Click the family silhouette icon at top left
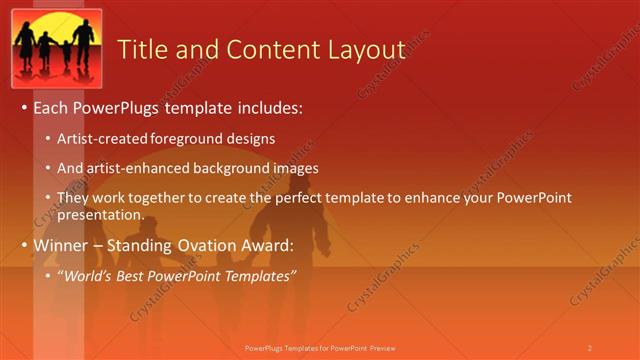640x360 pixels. pyautogui.click(x=57, y=49)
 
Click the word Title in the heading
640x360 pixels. pyautogui.click(x=143, y=50)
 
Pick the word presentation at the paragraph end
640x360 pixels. pyautogui.click(x=100, y=215)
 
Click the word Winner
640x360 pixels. pyautogui.click(x=61, y=245)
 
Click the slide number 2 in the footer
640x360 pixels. pyautogui.click(x=589, y=348)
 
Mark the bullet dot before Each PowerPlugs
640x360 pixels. pyautogui.click(x=24, y=107)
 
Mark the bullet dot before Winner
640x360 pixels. pyautogui.click(x=24, y=245)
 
